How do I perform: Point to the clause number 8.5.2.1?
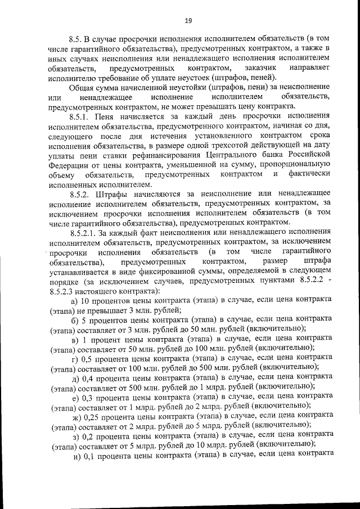tap(85, 232)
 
